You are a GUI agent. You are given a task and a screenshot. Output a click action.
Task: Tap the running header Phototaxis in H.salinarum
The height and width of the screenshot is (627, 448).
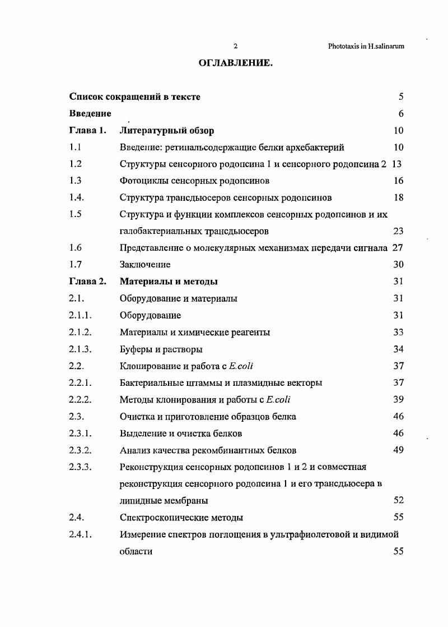366,47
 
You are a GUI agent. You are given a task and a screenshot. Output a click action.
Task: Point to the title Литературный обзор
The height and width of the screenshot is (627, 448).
166,131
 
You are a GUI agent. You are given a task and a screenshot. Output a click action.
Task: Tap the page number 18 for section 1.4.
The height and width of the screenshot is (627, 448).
398,198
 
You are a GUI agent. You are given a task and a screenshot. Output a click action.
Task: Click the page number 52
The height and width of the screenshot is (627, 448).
398,500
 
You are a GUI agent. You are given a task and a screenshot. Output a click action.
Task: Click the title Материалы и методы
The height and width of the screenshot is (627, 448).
169,282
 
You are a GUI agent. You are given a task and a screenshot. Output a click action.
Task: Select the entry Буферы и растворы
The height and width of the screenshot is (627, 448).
161,349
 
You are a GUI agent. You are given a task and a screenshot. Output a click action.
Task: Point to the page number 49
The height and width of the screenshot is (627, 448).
398,450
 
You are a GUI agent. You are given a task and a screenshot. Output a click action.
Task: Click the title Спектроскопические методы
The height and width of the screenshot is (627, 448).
181,517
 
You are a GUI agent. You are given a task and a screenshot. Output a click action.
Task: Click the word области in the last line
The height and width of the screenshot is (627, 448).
136,551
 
